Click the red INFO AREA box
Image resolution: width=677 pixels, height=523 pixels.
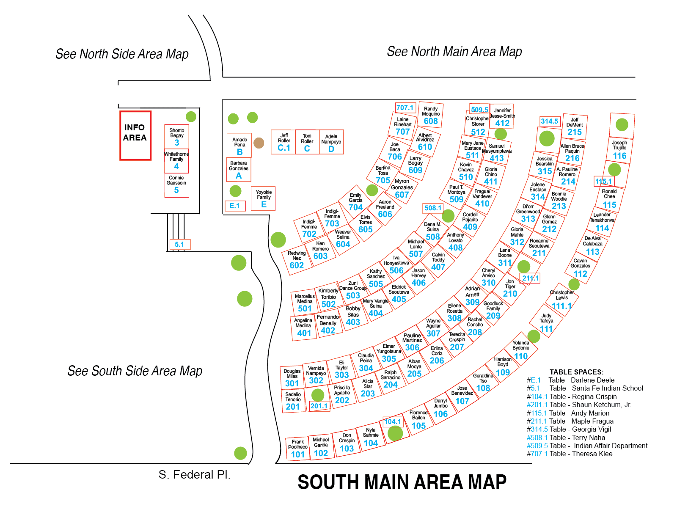pyautogui.click(x=135, y=135)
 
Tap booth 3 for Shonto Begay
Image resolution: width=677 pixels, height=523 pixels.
pyautogui.click(x=176, y=136)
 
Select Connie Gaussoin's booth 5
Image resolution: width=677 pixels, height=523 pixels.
pyautogui.click(x=176, y=185)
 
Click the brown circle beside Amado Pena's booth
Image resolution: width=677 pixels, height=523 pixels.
pyautogui.click(x=259, y=143)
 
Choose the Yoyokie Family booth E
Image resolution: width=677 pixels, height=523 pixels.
pyautogui.click(x=263, y=198)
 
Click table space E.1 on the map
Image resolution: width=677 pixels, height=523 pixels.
pyautogui.click(x=235, y=206)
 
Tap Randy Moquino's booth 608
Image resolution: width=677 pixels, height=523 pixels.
pyautogui.click(x=431, y=115)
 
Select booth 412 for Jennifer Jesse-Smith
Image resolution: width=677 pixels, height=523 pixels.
pyautogui.click(x=502, y=116)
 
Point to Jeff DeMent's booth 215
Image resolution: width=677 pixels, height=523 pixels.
pyautogui.click(x=574, y=127)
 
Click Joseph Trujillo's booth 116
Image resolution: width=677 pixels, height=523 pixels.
pyautogui.click(x=620, y=150)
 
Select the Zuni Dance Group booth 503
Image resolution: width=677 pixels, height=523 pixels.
pyautogui.click(x=353, y=290)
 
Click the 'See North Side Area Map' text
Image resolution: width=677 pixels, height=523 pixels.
pyautogui.click(x=122, y=54)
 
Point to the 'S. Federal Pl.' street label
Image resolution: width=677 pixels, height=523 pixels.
pyautogui.click(x=194, y=475)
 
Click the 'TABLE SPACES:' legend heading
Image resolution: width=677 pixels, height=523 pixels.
pyautogui.click(x=576, y=372)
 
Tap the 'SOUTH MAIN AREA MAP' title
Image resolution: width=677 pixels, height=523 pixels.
pyautogui.click(x=402, y=482)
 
